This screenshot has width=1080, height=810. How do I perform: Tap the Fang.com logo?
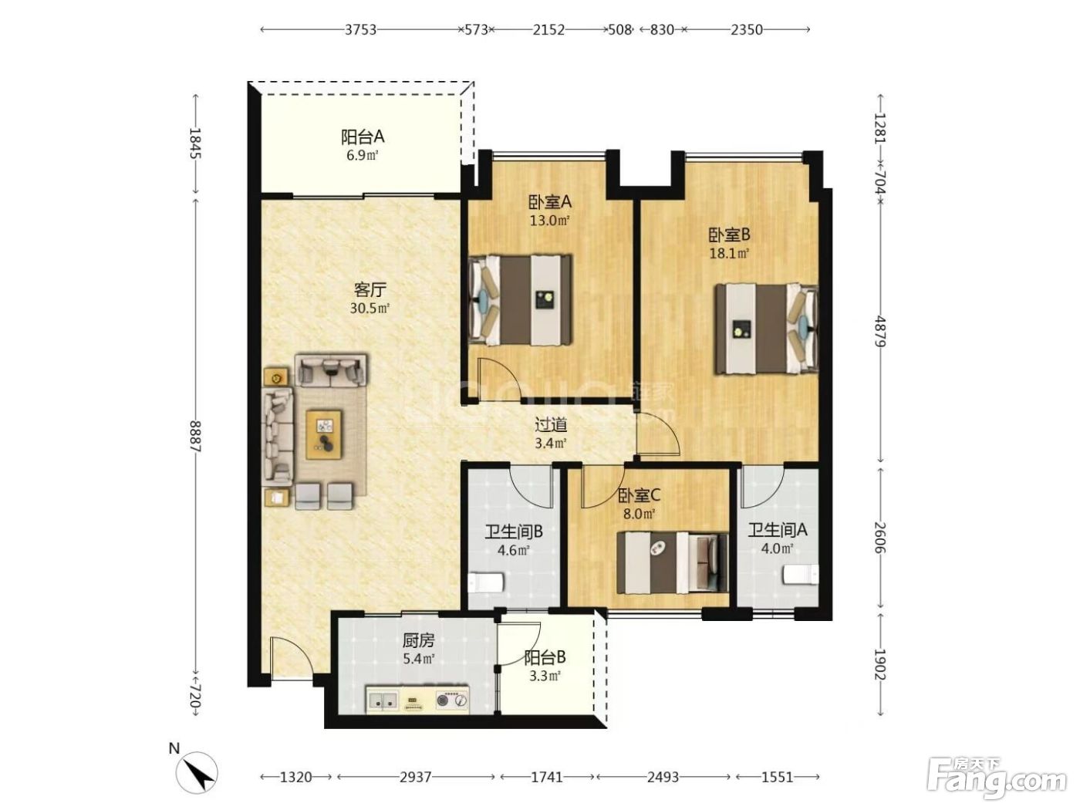(x=997, y=780)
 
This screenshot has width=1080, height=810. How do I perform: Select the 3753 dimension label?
(x=361, y=30)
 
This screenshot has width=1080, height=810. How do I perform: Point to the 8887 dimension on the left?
(x=195, y=436)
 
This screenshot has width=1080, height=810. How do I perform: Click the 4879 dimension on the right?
(x=880, y=332)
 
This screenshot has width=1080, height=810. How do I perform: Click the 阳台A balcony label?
(x=363, y=137)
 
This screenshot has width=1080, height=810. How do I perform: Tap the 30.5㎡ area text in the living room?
(x=370, y=309)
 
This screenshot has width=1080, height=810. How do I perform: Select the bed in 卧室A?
(x=521, y=300)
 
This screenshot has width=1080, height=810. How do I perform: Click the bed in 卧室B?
(x=767, y=329)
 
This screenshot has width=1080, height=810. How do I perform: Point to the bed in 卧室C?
(x=672, y=562)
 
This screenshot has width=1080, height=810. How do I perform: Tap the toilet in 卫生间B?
(x=485, y=582)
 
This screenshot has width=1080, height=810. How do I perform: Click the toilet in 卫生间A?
(x=801, y=574)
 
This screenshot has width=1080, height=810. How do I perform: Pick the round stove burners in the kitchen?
(x=452, y=700)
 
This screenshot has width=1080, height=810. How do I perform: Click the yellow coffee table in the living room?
(x=324, y=435)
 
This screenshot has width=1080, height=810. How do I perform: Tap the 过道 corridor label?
(x=551, y=424)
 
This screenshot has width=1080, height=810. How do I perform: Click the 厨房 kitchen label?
(x=419, y=640)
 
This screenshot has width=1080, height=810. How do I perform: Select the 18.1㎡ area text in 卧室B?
(x=729, y=253)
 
